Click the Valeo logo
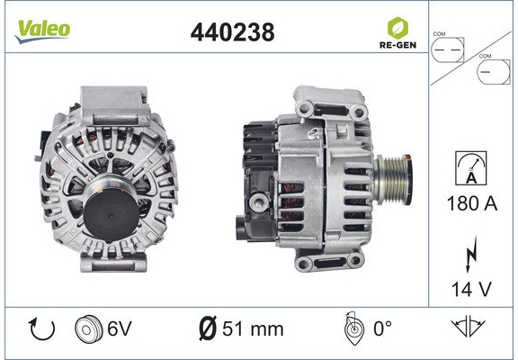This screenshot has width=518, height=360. click(42, 31)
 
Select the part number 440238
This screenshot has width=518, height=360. click(233, 32)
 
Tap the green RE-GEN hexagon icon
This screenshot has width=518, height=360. click(397, 28)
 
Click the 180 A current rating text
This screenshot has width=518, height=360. click(471, 203)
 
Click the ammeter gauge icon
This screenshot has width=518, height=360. click(470, 168)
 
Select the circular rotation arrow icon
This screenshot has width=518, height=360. click(41, 329)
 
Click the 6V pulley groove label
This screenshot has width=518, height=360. click(120, 328)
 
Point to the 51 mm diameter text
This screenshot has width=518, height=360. click(253, 329)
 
